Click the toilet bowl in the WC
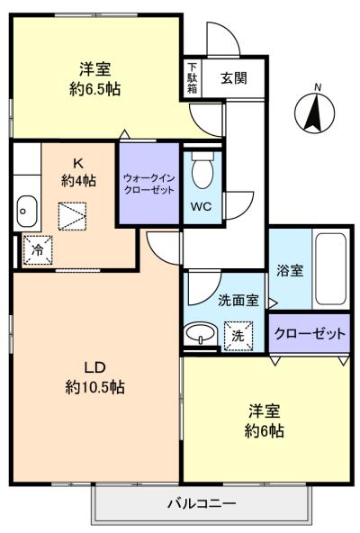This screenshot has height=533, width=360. click(202, 171)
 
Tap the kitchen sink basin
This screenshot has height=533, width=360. click(27, 212)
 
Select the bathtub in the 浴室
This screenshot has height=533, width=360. click(330, 269)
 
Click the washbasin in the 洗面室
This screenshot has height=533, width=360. click(201, 332)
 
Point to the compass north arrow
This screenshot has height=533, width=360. click(315, 114)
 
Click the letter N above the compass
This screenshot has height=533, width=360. click(318, 87)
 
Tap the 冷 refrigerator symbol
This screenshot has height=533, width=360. click(38, 250)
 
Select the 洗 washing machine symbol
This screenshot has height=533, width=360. click(238, 336)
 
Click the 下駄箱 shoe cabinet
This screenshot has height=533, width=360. click(193, 78)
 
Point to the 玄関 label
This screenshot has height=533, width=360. click(234, 78)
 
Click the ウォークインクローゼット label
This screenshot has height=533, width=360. click(148, 184)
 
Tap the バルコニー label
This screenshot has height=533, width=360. click(202, 503)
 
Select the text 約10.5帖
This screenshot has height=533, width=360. click(94, 387)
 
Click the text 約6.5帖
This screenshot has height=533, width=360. click(94, 89)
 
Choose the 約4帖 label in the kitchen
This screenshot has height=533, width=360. click(78, 180)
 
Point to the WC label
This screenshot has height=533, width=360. click(201, 206)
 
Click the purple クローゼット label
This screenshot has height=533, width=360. click(310, 333)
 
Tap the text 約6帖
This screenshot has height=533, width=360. click(265, 431)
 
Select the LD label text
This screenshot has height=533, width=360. click(94, 367)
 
